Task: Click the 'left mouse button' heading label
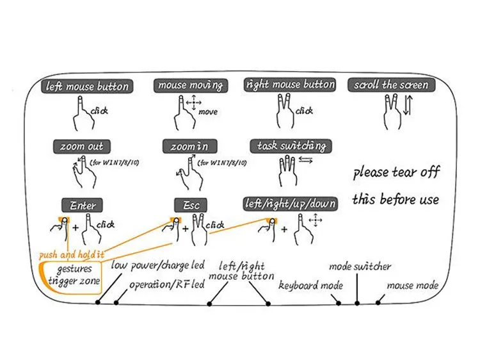[87, 86]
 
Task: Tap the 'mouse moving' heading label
[191, 85]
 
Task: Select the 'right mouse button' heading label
[290, 85]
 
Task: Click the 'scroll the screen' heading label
[391, 85]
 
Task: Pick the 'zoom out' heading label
[82, 147]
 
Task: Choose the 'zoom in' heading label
[190, 147]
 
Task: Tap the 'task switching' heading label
[291, 146]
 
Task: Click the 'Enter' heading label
[83, 205]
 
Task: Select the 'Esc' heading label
[191, 205]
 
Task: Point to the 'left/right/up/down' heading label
[290, 204]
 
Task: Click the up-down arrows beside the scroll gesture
[408, 105]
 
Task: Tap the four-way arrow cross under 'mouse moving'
[194, 102]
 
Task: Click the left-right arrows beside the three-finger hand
[305, 160]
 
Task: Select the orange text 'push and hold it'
[72, 254]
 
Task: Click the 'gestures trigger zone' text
[74, 275]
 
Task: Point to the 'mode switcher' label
[360, 266]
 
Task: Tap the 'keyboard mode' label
[310, 286]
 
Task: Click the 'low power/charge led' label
[157, 265]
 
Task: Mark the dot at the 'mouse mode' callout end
[378, 303]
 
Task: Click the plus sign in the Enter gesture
[76, 227]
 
